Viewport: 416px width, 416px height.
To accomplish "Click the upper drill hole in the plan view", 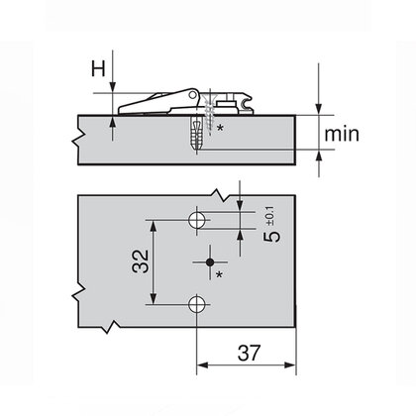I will click(198, 216).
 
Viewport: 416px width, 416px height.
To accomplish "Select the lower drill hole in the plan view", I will click(198, 302).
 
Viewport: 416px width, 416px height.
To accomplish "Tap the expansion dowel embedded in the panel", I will click(196, 132).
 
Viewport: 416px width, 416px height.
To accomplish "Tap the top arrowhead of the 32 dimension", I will click(154, 220).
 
